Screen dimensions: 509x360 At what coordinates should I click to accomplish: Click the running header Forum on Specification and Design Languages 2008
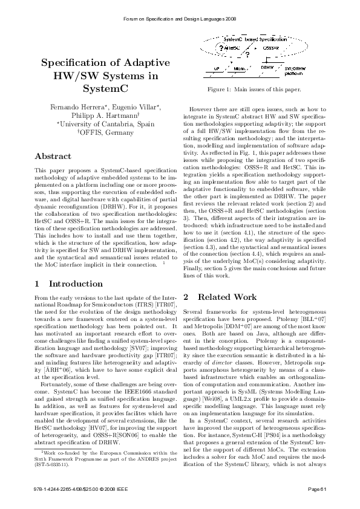(x=180, y=19)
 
